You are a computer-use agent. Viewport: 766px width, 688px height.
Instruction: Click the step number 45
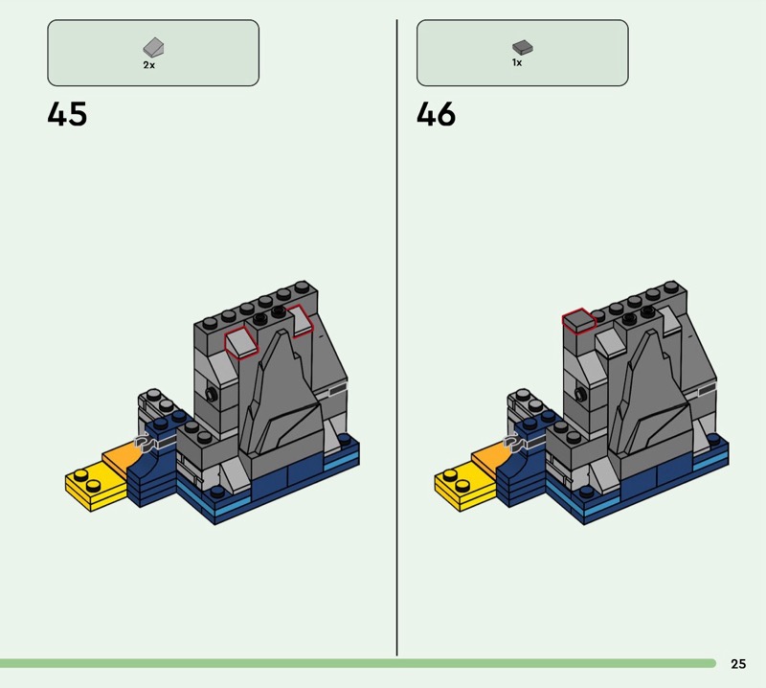(x=67, y=114)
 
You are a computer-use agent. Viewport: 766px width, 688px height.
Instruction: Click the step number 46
(x=437, y=114)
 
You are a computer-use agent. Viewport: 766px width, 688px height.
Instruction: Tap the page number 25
(x=738, y=663)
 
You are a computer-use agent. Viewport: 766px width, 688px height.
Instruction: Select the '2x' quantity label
(x=149, y=65)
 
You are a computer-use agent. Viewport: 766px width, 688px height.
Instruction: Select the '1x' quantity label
(x=517, y=62)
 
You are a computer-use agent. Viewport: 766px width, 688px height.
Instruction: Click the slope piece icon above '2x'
(x=153, y=47)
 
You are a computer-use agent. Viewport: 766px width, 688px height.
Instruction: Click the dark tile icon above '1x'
(x=523, y=47)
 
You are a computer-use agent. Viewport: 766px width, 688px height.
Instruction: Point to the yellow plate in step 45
(x=91, y=487)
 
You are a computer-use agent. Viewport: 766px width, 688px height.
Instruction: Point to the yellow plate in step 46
(x=461, y=487)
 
